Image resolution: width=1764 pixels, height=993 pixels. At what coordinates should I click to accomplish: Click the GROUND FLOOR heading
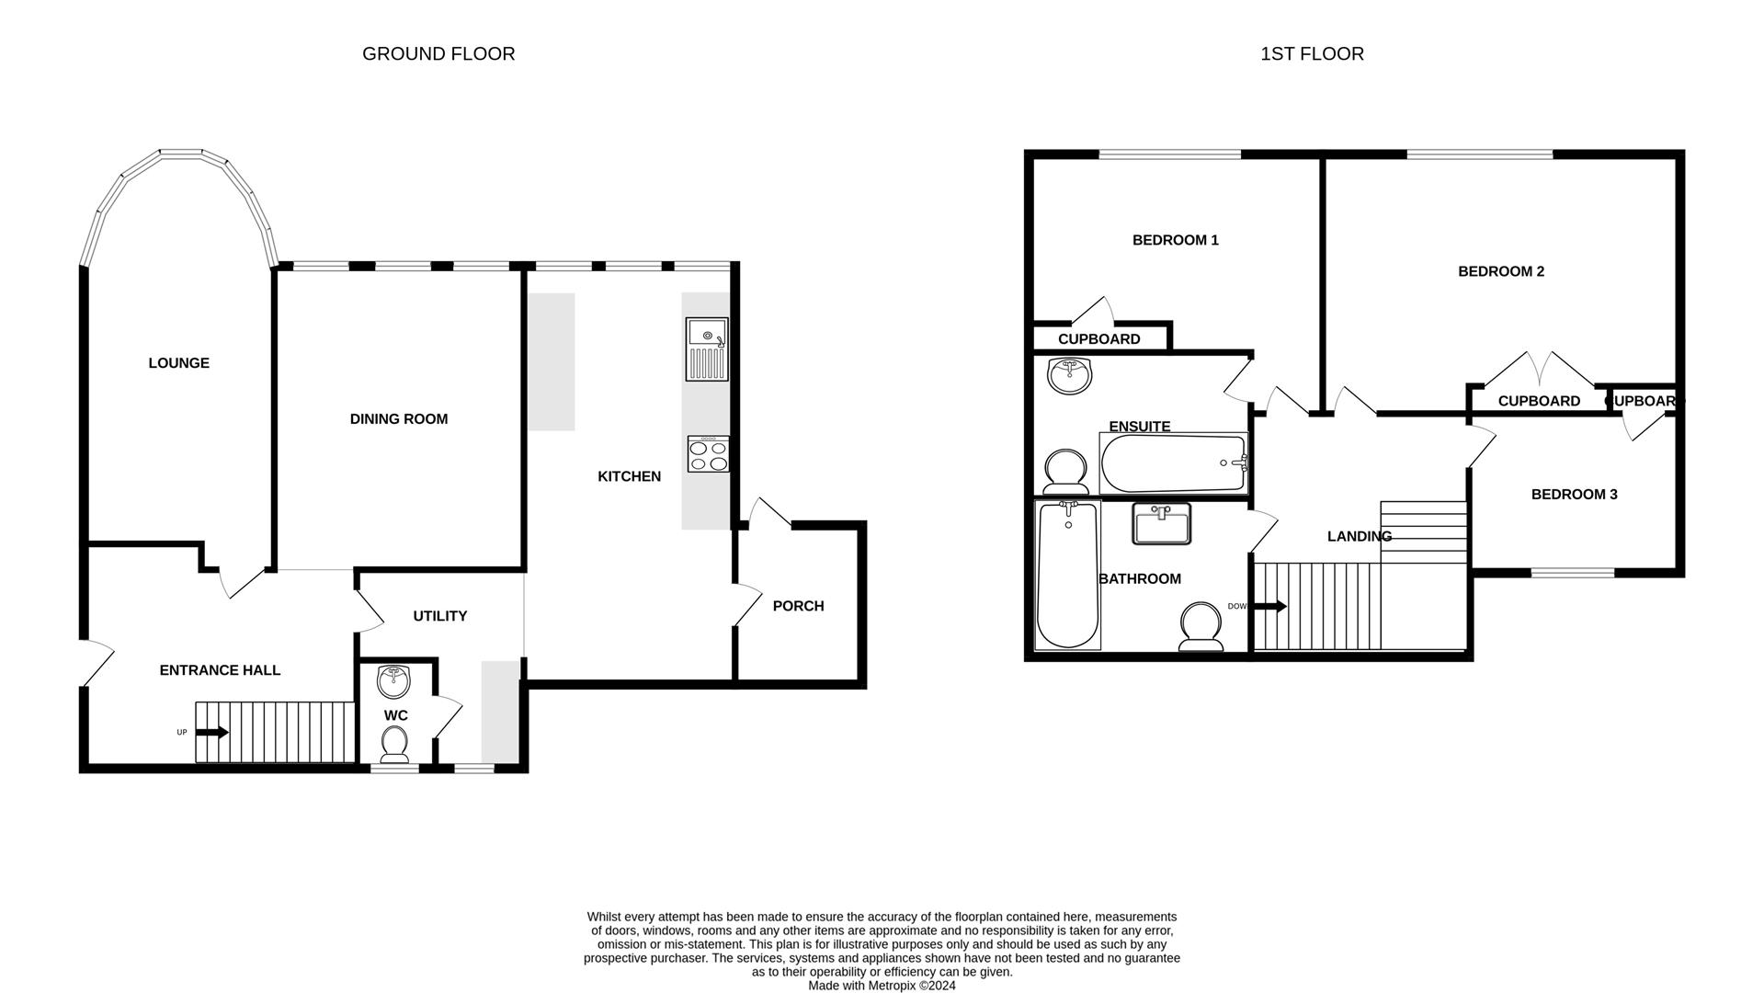438,54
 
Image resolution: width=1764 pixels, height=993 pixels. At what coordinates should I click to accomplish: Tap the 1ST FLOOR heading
1312,54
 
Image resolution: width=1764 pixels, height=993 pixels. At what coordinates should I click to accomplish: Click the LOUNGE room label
179,363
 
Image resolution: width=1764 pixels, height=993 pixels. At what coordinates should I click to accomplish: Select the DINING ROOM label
399,419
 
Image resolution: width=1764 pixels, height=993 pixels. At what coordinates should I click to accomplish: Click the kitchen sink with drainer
706,349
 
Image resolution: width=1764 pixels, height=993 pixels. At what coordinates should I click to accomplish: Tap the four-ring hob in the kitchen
708,454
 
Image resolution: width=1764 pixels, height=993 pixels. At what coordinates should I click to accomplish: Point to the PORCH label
798,606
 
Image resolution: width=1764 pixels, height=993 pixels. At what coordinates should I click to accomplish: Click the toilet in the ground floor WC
395,744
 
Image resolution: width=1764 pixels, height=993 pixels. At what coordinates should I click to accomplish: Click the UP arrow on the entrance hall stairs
212,732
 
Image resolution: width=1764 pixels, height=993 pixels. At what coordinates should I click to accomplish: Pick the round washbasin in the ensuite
1069,375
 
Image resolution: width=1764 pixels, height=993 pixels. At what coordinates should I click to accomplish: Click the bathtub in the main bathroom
1067,575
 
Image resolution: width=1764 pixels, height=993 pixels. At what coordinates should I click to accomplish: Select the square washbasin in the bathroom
1161,523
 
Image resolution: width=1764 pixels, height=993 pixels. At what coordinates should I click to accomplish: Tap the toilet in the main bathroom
1201,627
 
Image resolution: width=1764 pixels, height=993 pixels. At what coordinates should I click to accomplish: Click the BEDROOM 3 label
1574,495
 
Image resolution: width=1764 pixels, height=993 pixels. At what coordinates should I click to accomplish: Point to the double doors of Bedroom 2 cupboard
1541,370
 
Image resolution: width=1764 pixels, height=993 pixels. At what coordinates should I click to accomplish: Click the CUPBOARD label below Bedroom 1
1098,339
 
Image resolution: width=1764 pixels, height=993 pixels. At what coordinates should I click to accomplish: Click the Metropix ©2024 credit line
882,986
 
